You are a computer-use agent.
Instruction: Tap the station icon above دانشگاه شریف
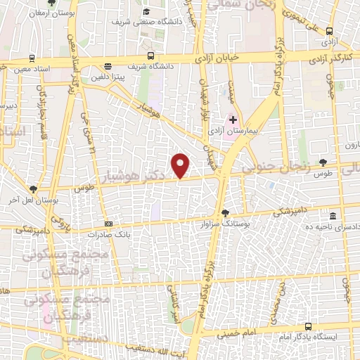[150, 56]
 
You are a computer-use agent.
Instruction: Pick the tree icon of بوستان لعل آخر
[33, 188]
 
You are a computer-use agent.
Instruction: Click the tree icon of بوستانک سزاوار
[225, 212]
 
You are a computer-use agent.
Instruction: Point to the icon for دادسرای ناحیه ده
[333, 215]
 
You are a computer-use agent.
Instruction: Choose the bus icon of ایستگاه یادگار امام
[309, 326]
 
